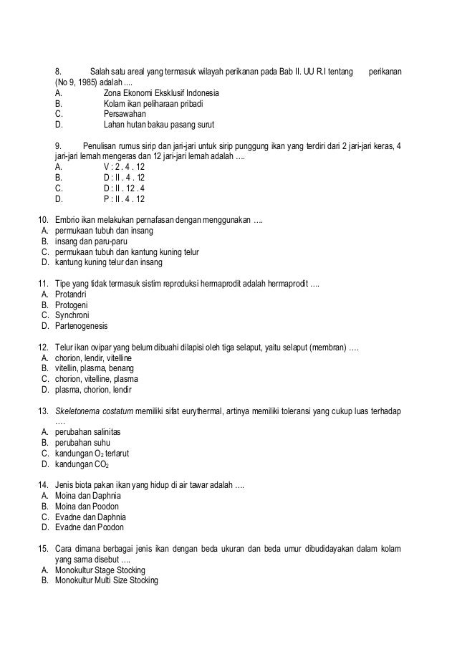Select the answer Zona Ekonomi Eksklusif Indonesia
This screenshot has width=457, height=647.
[161, 93]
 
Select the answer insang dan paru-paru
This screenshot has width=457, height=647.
[91, 241]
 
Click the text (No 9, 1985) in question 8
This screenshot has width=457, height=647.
[81, 83]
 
